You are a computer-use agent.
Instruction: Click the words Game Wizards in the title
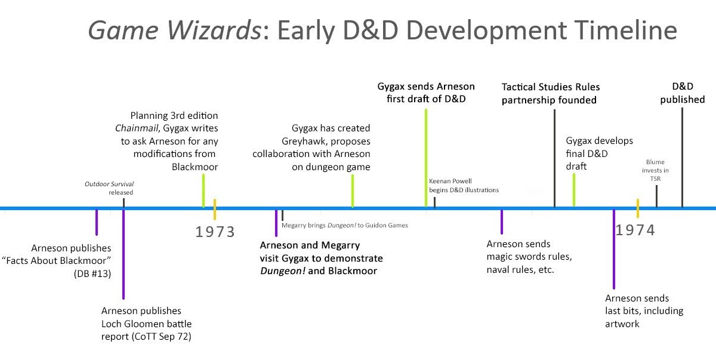tap(173, 30)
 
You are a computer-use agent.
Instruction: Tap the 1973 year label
tap(215, 232)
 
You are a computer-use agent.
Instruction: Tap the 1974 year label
tap(635, 230)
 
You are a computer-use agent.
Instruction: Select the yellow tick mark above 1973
tap(215, 208)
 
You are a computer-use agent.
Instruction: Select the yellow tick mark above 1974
tap(637, 208)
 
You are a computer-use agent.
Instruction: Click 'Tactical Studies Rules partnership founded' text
tap(550, 94)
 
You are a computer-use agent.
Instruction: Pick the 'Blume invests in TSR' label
tap(656, 170)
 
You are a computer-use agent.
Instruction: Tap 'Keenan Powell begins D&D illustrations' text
tap(464, 185)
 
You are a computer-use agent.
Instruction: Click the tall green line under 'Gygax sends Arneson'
tap(426, 158)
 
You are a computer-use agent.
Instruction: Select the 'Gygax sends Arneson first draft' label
tap(421, 92)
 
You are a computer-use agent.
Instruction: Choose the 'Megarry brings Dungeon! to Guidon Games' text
tap(344, 225)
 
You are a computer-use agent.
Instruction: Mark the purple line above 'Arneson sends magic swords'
tap(501, 221)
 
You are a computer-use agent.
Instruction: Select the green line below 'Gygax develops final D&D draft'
tap(574, 189)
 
